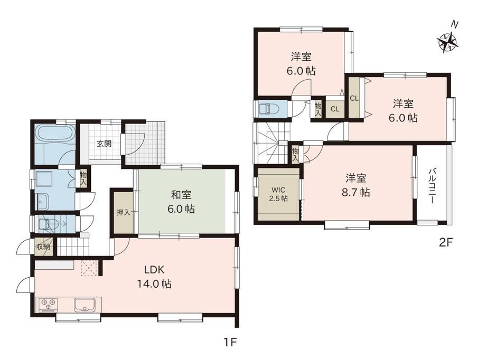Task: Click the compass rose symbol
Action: pos(448,42)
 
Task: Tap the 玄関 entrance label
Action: pos(104,144)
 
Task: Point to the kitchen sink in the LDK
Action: pos(86,305)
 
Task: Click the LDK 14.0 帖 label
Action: pos(154,277)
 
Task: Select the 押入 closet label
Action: pos(124,212)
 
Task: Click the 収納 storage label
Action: pos(43,247)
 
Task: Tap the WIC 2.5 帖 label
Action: pos(278,194)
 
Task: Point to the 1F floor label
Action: pos(230,343)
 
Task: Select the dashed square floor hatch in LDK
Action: pos(89,268)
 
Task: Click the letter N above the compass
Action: pos(455,24)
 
